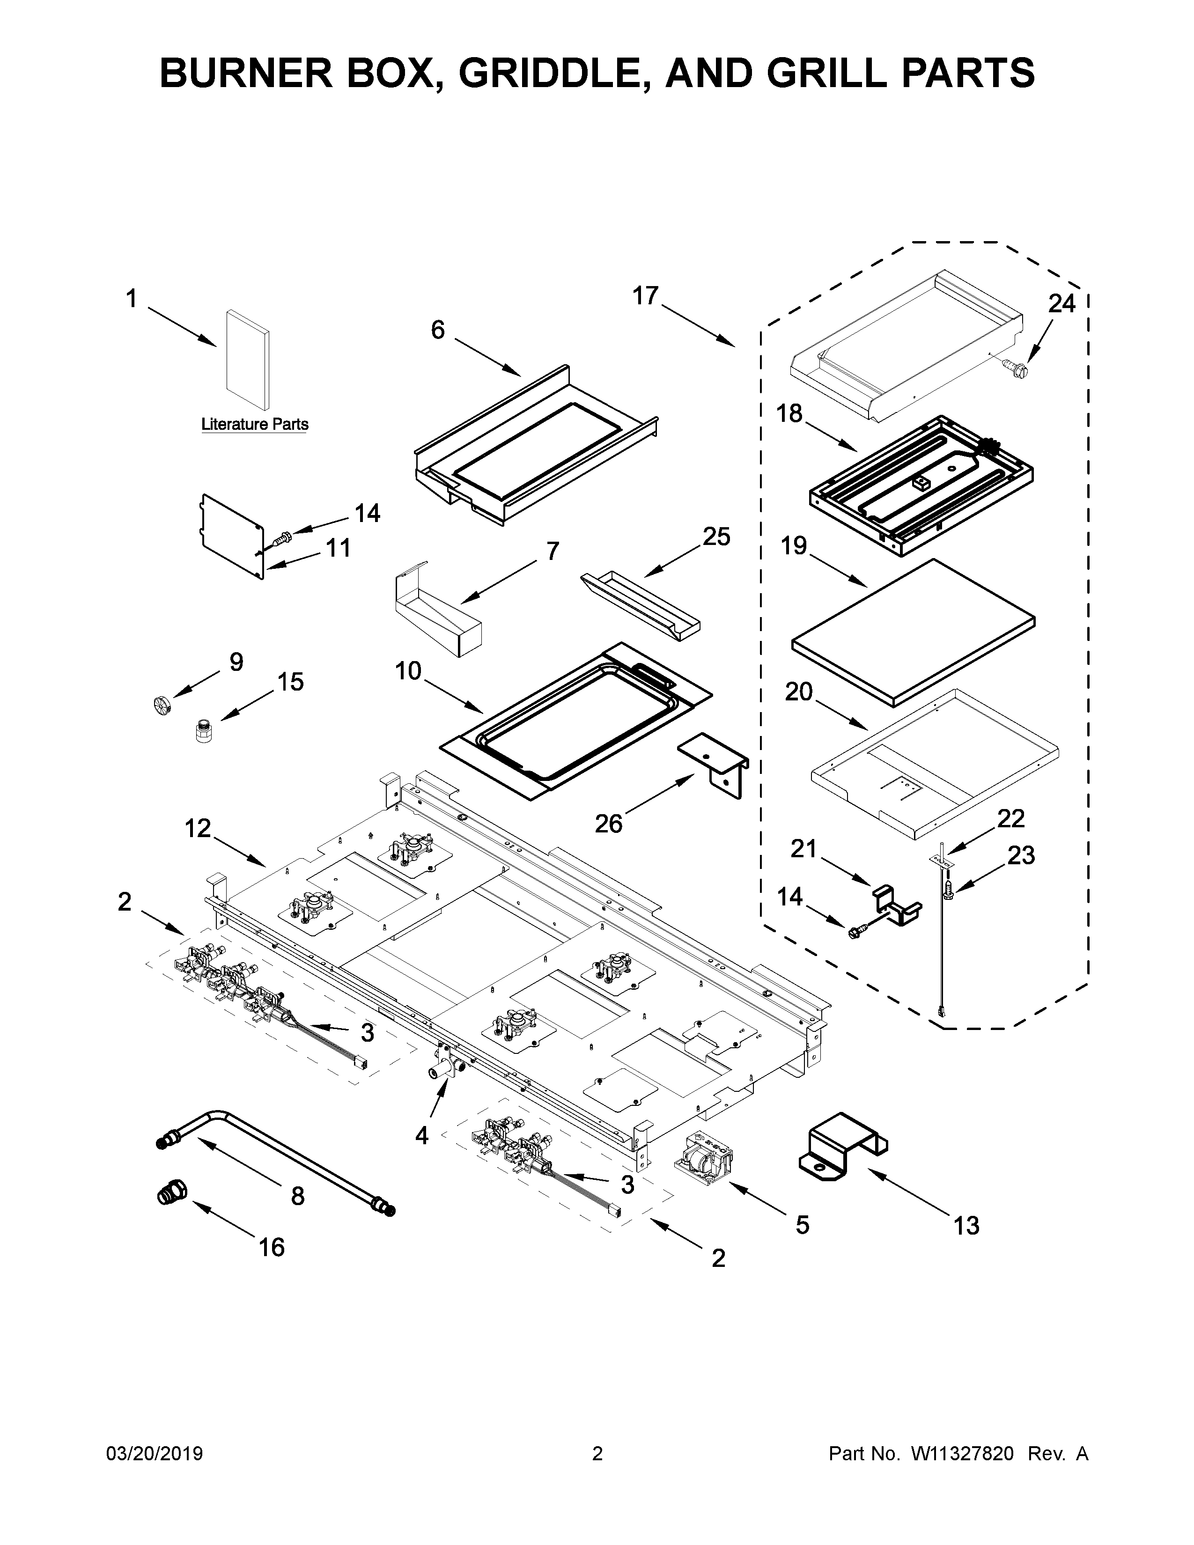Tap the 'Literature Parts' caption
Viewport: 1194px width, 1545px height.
coord(255,425)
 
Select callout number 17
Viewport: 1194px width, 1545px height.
coord(645,296)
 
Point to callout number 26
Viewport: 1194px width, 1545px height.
coord(608,823)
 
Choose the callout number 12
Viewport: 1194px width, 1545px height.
coord(198,828)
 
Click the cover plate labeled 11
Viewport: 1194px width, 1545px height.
coord(232,534)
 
